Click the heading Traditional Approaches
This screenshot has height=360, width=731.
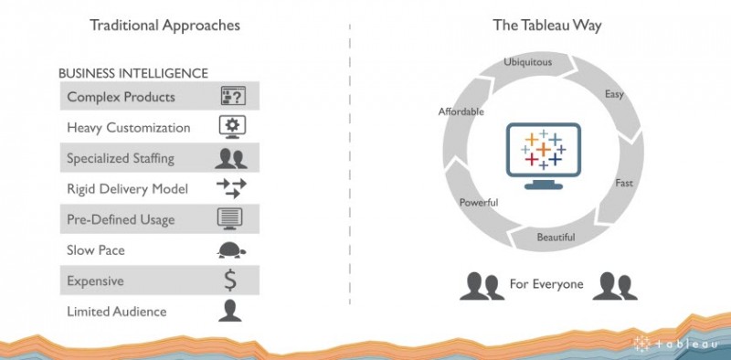click(x=164, y=26)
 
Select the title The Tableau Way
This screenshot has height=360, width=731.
click(x=547, y=26)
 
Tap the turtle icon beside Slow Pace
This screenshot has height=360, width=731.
click(x=231, y=250)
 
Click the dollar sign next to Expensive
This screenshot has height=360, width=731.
click(x=230, y=281)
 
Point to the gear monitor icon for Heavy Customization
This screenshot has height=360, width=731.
click(x=232, y=127)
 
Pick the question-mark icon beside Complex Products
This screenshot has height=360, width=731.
click(x=233, y=96)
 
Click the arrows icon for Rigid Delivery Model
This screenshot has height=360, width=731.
click(x=231, y=188)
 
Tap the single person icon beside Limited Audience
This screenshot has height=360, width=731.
click(x=230, y=311)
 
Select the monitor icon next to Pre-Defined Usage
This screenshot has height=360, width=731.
click(x=230, y=218)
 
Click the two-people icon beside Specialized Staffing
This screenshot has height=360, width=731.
click(x=231, y=158)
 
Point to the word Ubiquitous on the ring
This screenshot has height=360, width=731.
click(x=528, y=61)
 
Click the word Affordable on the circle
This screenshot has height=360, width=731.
click(x=461, y=111)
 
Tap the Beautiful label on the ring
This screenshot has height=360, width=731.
click(x=556, y=238)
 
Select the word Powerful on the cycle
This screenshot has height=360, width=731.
click(x=479, y=202)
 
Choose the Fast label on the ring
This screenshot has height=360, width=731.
click(x=624, y=183)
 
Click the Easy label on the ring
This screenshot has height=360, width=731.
click(x=614, y=95)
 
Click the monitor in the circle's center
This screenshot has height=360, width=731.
click(x=544, y=155)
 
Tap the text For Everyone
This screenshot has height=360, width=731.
click(x=546, y=284)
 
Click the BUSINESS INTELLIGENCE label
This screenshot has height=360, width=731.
click(x=133, y=73)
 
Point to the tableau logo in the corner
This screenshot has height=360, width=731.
click(x=675, y=344)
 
